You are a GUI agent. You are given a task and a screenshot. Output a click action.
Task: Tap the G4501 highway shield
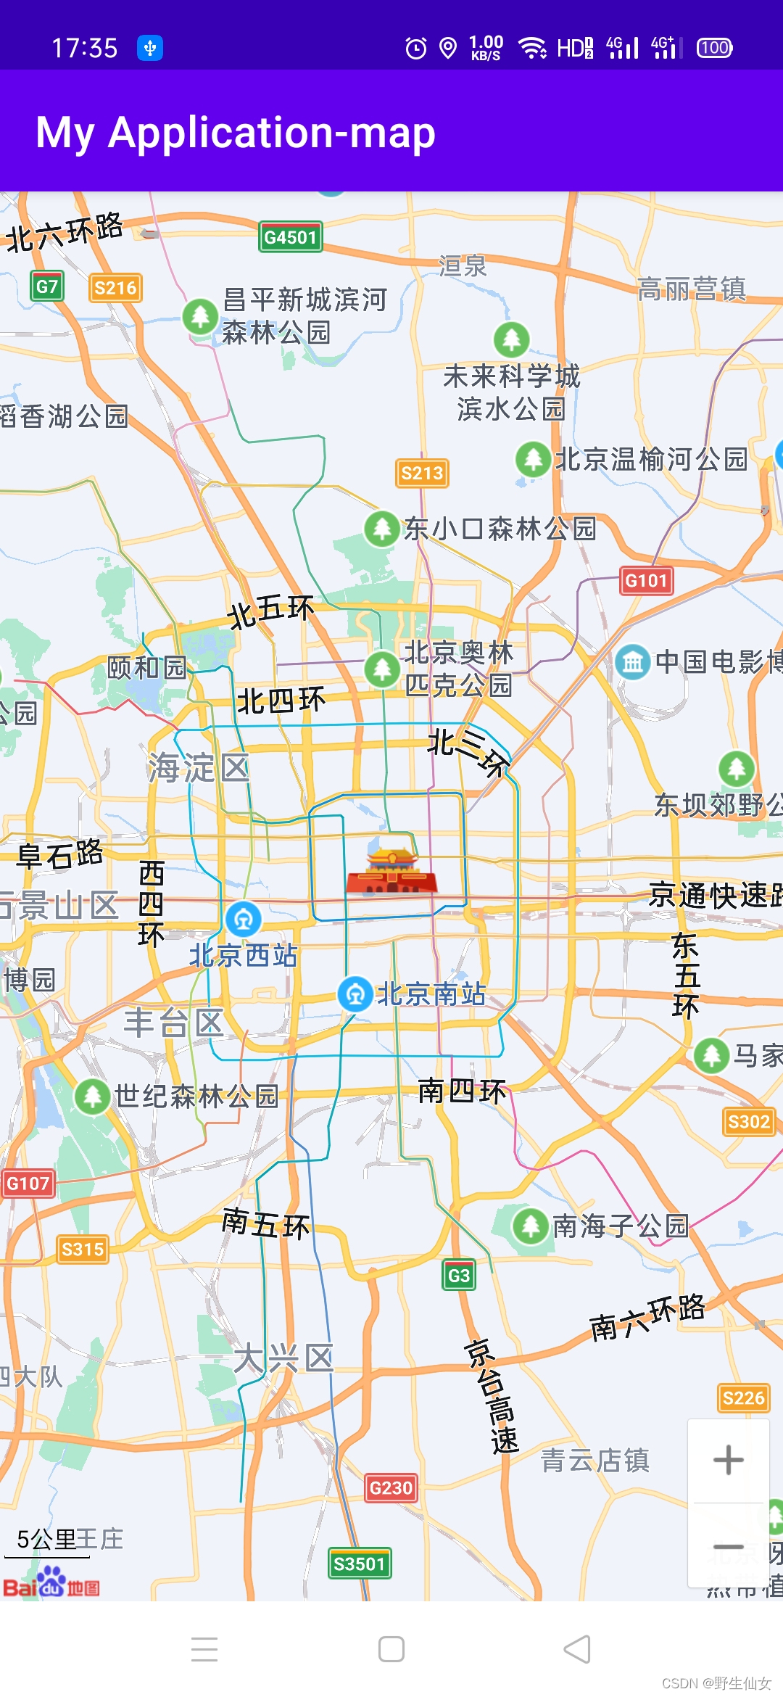pyautogui.click(x=290, y=236)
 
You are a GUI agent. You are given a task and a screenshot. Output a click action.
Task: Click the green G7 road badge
pyautogui.click(x=47, y=286)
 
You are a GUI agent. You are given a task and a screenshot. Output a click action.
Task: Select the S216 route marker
pyautogui.click(x=115, y=288)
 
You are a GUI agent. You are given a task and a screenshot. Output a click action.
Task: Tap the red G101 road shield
pyautogui.click(x=646, y=580)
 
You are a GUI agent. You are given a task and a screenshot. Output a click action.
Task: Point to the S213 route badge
pyautogui.click(x=422, y=474)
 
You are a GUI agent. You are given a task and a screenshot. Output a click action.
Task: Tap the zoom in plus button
pyautogui.click(x=728, y=1460)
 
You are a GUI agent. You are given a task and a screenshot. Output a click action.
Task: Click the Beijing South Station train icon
pyautogui.click(x=355, y=994)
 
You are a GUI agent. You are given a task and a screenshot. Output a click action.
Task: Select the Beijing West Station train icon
pyautogui.click(x=243, y=919)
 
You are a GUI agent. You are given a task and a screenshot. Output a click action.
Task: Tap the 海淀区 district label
pyautogui.click(x=199, y=767)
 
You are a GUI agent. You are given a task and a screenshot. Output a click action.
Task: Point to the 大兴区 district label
pyautogui.click(x=283, y=1358)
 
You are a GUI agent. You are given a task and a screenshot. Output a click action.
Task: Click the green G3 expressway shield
pyautogui.click(x=459, y=1275)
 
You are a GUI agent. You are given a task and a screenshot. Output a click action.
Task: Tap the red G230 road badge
pyautogui.click(x=391, y=1488)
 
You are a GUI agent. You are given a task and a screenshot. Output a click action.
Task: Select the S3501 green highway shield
pyautogui.click(x=359, y=1564)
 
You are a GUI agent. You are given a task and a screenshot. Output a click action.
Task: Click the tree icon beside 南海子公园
pyautogui.click(x=530, y=1226)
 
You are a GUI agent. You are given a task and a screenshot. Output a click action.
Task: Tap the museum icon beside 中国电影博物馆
pyautogui.click(x=632, y=661)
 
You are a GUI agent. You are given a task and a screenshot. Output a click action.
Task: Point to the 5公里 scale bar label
pyautogui.click(x=43, y=1539)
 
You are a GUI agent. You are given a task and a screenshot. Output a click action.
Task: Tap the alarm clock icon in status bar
pyautogui.click(x=415, y=49)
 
